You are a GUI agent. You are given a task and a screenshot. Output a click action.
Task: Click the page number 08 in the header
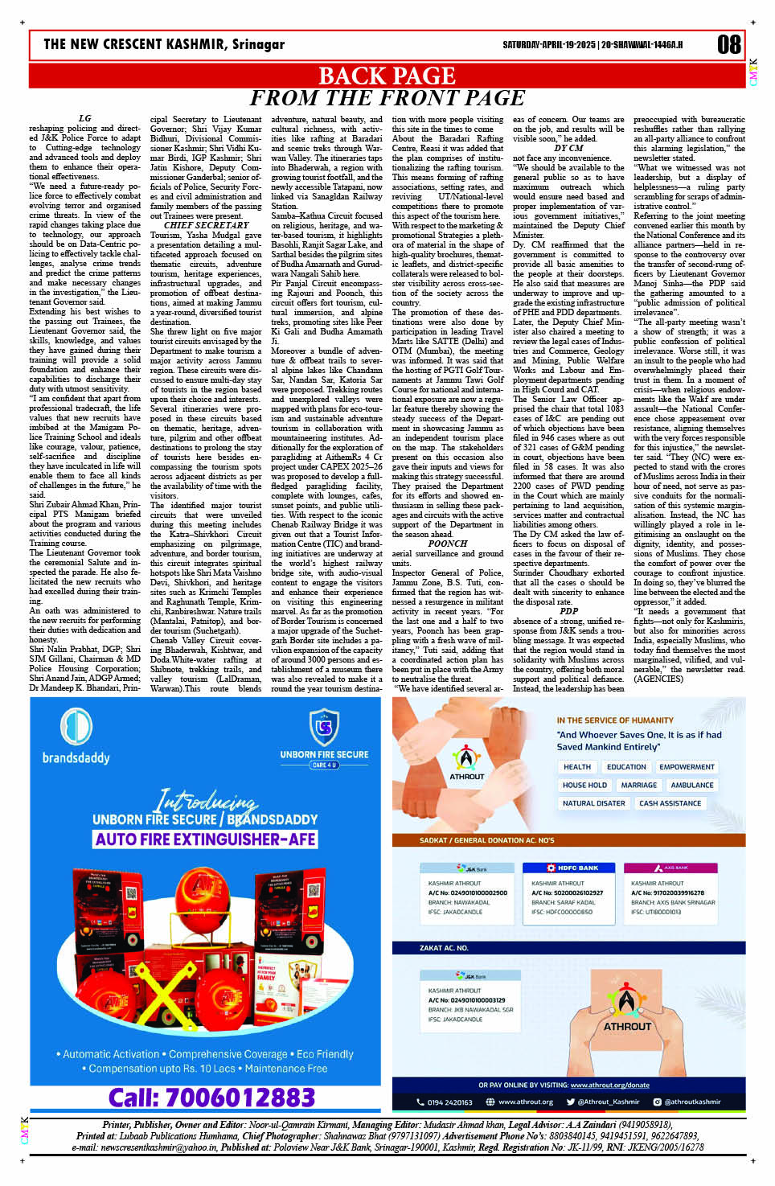point(728,44)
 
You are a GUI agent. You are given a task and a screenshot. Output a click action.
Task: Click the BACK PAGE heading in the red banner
point(387,76)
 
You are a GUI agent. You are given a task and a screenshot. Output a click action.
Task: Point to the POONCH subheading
point(447,544)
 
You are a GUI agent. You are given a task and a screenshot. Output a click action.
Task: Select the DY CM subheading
point(568,148)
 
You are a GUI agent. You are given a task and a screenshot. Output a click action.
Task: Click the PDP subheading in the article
point(568,611)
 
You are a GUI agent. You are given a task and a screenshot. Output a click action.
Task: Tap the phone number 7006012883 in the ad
point(211,1098)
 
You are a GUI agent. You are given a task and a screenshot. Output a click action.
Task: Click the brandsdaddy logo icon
point(76,727)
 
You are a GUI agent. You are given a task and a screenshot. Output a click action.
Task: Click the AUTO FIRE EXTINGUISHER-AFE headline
point(205,839)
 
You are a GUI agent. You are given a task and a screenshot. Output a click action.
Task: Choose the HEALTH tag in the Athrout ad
point(576,767)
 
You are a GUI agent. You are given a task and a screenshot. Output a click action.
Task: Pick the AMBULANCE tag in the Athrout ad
point(691,785)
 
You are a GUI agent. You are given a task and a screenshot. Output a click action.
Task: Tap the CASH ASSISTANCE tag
point(670,803)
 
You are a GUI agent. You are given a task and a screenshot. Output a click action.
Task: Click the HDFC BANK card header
point(572,868)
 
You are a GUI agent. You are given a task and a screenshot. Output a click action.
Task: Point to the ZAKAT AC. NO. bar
point(444,948)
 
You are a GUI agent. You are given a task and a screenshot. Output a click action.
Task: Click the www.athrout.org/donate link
point(609,1085)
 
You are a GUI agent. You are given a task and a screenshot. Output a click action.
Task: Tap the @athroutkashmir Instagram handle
point(691,1102)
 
